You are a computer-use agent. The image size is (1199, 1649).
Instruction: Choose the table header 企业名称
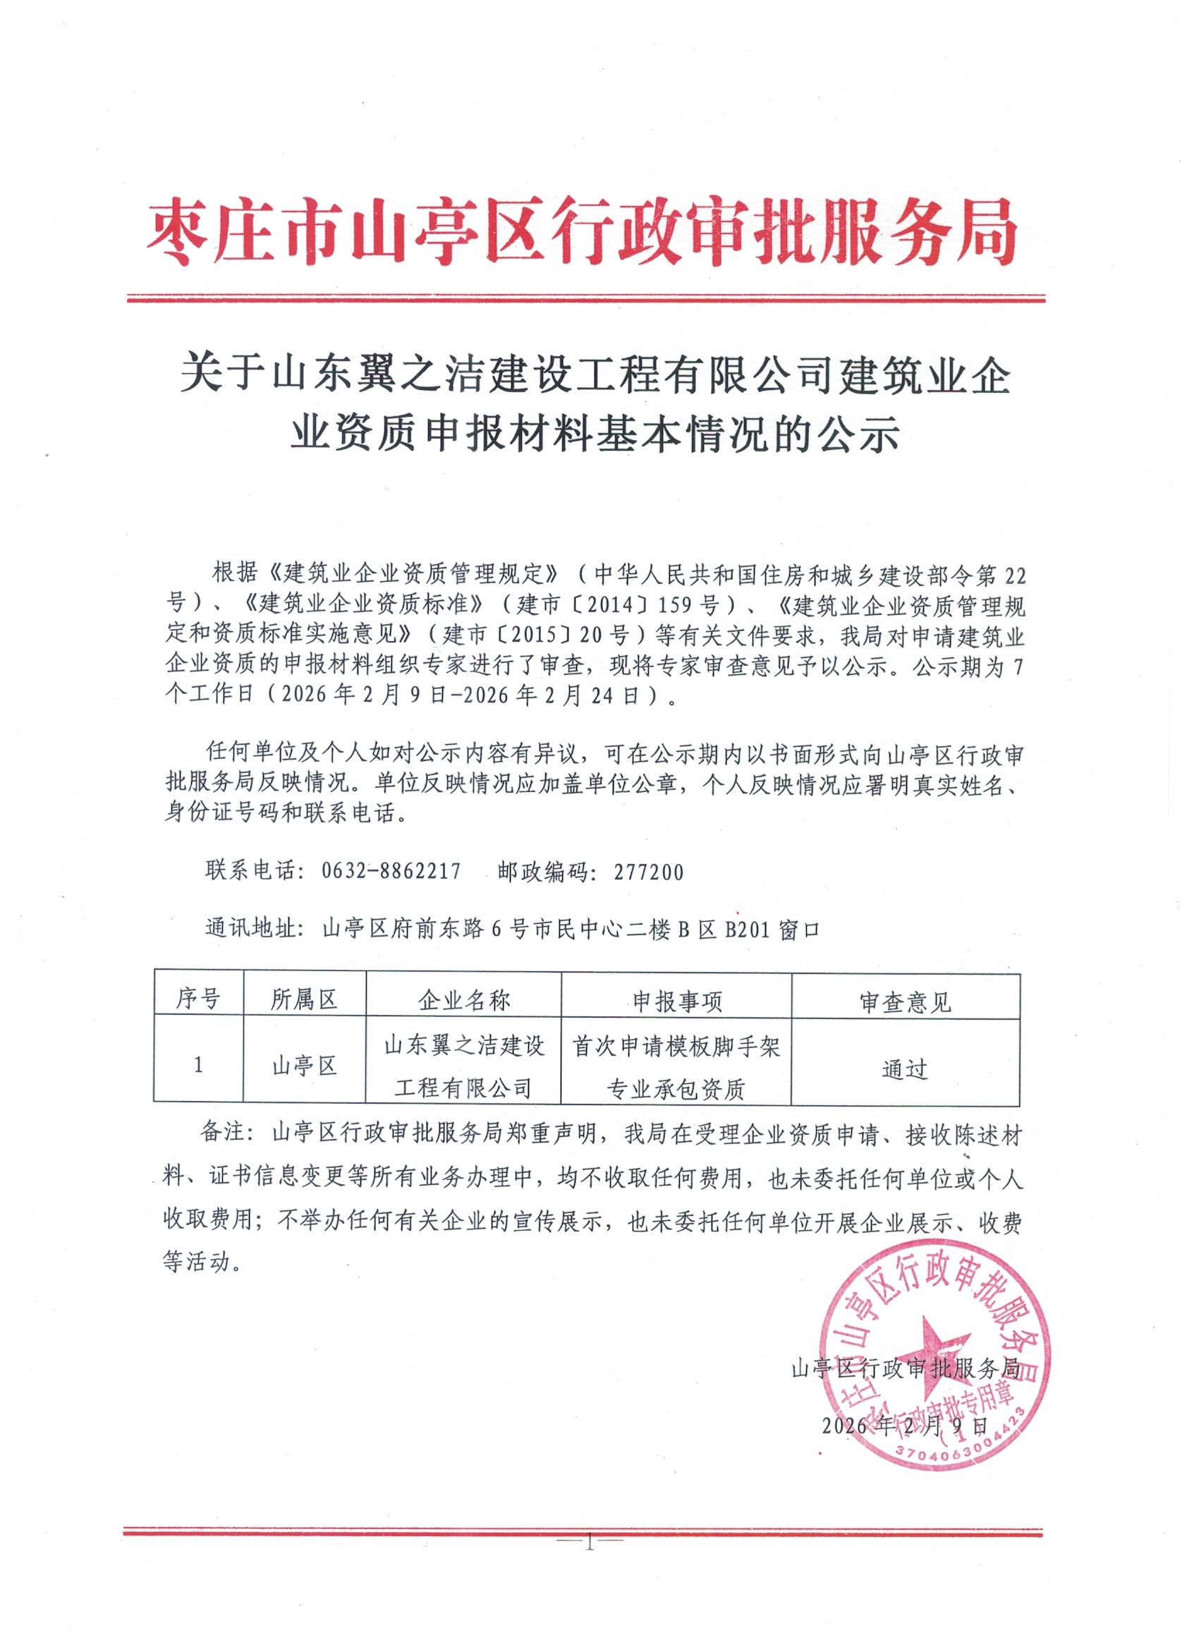(464, 1002)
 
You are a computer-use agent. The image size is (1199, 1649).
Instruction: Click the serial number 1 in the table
(198, 1065)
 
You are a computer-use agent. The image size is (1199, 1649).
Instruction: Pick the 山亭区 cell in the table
(305, 1066)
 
